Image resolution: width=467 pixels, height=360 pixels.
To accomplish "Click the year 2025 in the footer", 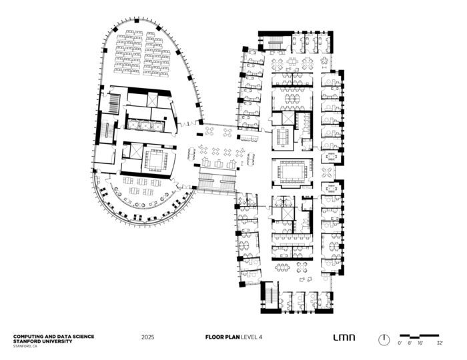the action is [x=147, y=337].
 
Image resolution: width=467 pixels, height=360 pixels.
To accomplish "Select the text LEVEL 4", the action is [x=252, y=337].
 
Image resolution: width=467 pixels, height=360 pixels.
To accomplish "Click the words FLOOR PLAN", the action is [x=222, y=337].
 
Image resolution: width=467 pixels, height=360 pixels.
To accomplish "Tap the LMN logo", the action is [x=344, y=337].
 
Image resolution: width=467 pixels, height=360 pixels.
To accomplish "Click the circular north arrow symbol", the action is [x=384, y=340].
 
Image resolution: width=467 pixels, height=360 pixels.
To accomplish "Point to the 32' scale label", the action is [x=440, y=343].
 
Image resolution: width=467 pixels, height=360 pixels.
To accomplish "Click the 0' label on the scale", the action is [x=400, y=343].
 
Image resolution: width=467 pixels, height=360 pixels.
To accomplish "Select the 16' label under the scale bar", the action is [x=420, y=343].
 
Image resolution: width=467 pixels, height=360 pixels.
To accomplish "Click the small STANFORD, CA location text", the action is [x=25, y=346].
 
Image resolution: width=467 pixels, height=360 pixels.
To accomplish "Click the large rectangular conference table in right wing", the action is [x=292, y=172].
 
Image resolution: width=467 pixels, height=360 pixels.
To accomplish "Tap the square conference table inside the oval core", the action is [x=155, y=161].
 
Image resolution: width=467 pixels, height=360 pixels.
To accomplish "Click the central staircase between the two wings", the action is [x=217, y=181].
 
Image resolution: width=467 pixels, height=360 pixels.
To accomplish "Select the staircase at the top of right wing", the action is [x=275, y=43].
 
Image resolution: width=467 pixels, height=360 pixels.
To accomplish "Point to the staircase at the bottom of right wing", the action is [x=270, y=295].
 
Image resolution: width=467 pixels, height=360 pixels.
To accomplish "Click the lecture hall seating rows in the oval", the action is [x=142, y=53].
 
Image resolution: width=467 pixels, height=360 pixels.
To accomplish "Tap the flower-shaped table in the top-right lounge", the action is [x=324, y=61].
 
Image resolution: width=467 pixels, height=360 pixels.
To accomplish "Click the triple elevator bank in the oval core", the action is [x=145, y=125].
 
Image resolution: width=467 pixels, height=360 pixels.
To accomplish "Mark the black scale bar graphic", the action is [x=420, y=336].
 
